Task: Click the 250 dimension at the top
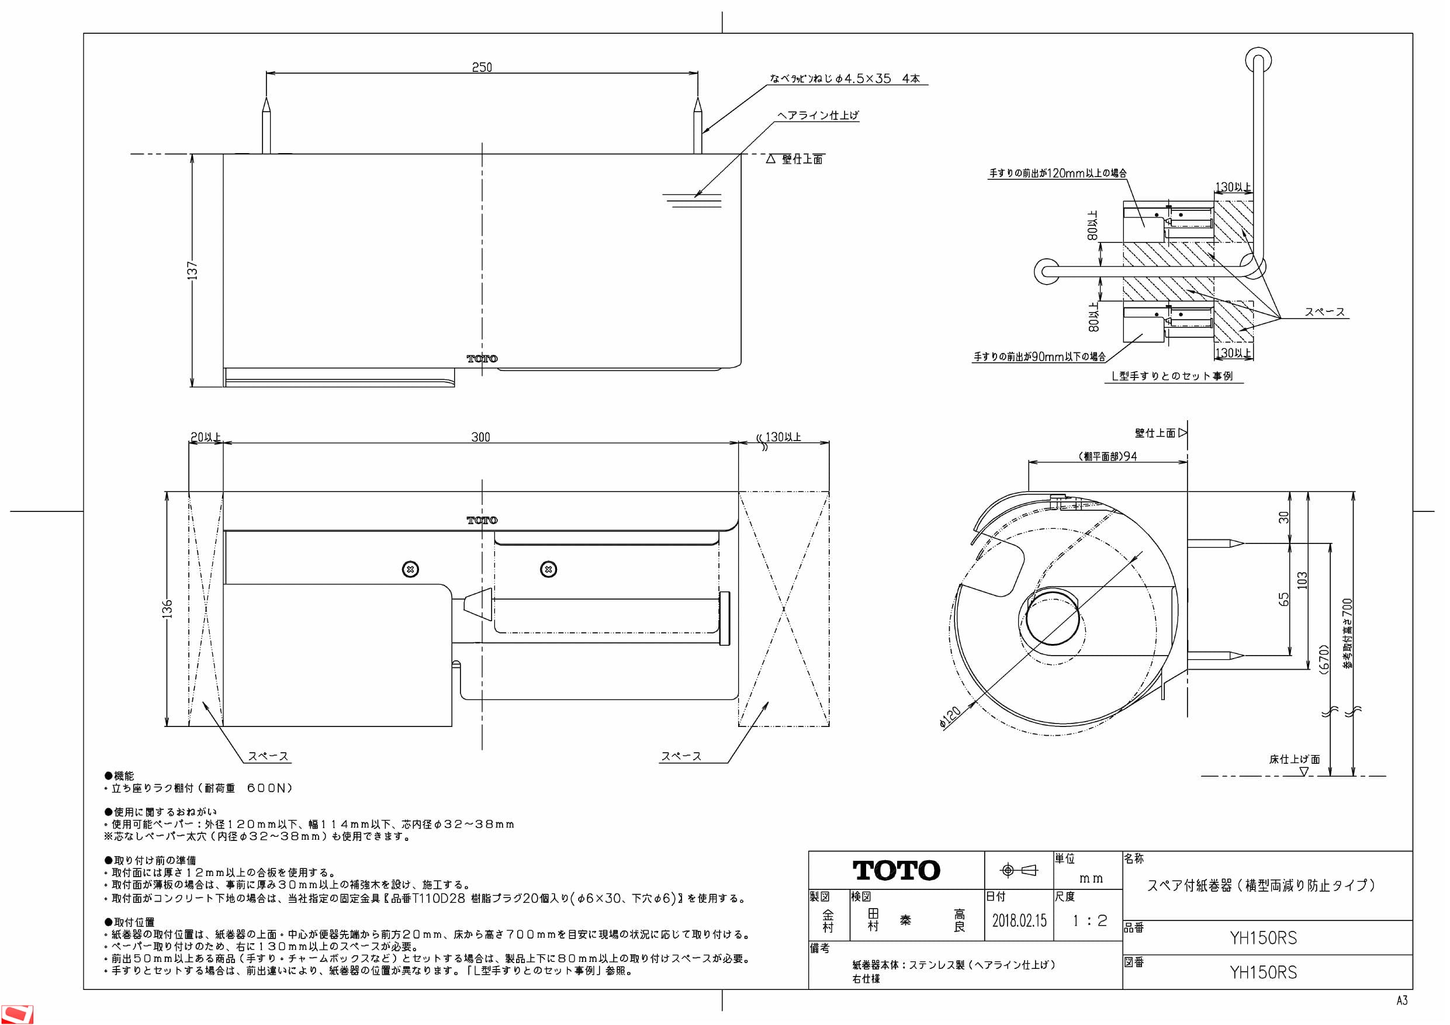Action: pos(482,67)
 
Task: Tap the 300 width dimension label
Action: pos(480,437)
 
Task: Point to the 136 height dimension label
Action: pos(167,609)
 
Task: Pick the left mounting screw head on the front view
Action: pos(410,570)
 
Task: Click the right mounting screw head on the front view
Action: pos(548,570)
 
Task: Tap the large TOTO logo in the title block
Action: pos(896,870)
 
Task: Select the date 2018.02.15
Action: pos(1019,920)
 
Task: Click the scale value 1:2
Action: pos(1089,921)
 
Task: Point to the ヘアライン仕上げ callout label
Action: pos(818,115)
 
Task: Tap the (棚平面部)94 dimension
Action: pos(1108,456)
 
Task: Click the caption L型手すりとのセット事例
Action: pos(1172,376)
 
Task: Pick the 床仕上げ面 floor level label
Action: pos(1294,759)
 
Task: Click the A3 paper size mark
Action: pos(1401,1000)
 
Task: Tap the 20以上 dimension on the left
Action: pos(206,437)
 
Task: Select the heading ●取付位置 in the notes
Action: pos(130,922)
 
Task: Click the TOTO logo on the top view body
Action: pos(482,359)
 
